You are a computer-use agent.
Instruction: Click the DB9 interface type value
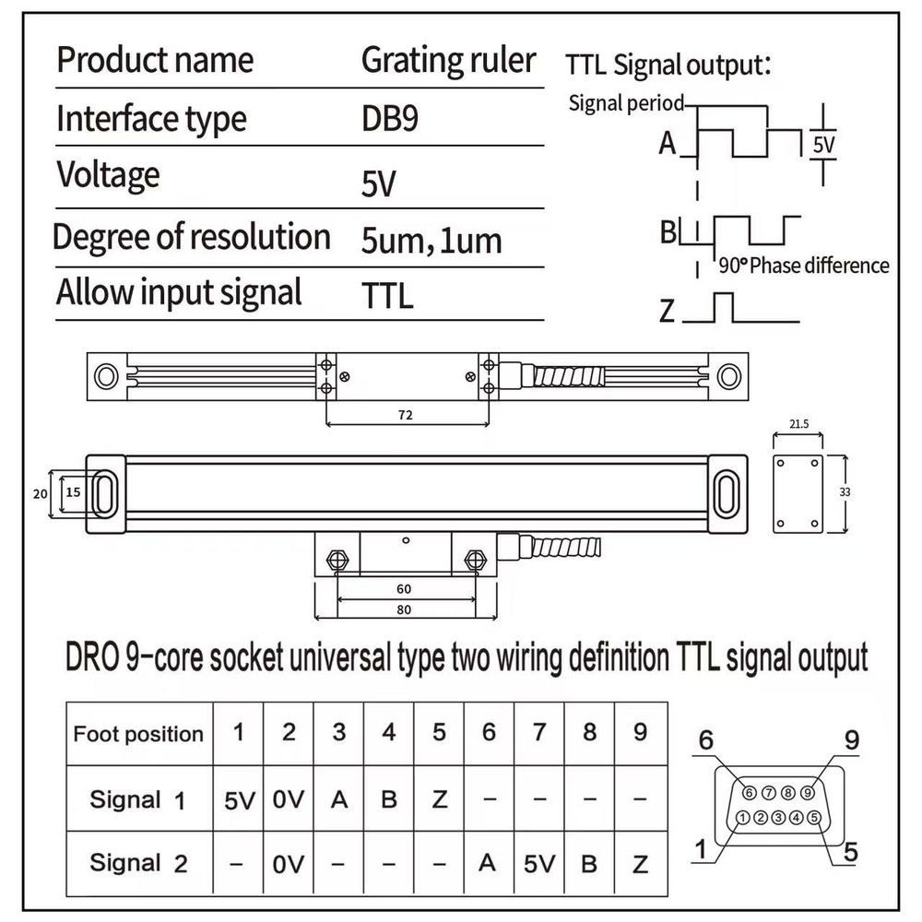click(x=390, y=119)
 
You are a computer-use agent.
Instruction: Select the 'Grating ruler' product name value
click(x=448, y=61)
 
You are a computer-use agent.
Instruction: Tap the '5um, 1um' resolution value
click(x=431, y=241)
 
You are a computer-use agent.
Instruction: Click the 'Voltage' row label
click(x=108, y=174)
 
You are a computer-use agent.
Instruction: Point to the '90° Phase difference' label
click(x=803, y=266)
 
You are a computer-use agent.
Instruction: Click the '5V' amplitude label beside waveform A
click(x=822, y=145)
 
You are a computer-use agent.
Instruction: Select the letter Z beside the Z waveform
click(x=667, y=313)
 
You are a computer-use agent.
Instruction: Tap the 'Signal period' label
click(x=626, y=102)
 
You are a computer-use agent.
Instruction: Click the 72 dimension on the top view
click(x=406, y=416)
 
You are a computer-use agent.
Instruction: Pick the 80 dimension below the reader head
click(x=402, y=609)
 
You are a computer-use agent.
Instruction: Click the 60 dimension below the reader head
click(x=402, y=588)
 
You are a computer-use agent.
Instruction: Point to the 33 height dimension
click(x=845, y=492)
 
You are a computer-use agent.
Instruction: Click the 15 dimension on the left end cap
click(x=73, y=492)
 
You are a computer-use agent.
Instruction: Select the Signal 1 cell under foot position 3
click(x=339, y=799)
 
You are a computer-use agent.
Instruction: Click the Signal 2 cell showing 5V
click(x=539, y=864)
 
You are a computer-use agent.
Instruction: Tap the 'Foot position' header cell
click(x=138, y=735)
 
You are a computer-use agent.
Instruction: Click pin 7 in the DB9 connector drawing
click(x=768, y=792)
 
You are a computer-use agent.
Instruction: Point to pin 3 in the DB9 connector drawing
click(x=778, y=817)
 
